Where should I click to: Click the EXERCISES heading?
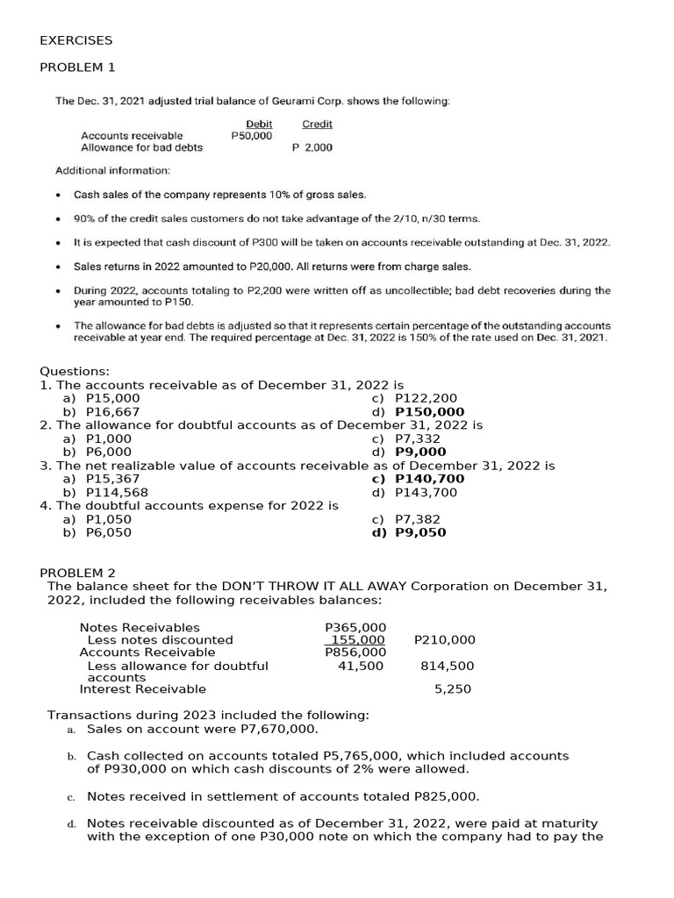coord(76,40)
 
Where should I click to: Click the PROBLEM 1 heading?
coord(77,68)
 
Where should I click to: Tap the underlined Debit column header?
coord(259,125)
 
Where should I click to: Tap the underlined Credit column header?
coord(317,125)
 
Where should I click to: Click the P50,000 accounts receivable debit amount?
coord(251,136)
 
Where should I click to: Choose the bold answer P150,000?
coord(430,411)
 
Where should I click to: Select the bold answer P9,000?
coord(420,452)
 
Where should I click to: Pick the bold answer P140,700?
coord(430,479)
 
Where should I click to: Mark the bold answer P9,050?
coord(420,532)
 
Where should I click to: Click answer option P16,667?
coord(112,411)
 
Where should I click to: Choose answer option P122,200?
coord(427,398)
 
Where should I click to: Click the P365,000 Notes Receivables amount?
coord(355,627)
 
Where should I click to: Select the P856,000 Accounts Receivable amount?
coord(355,652)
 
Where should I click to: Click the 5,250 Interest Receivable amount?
coord(453,689)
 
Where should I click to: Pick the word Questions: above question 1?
coord(75,371)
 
